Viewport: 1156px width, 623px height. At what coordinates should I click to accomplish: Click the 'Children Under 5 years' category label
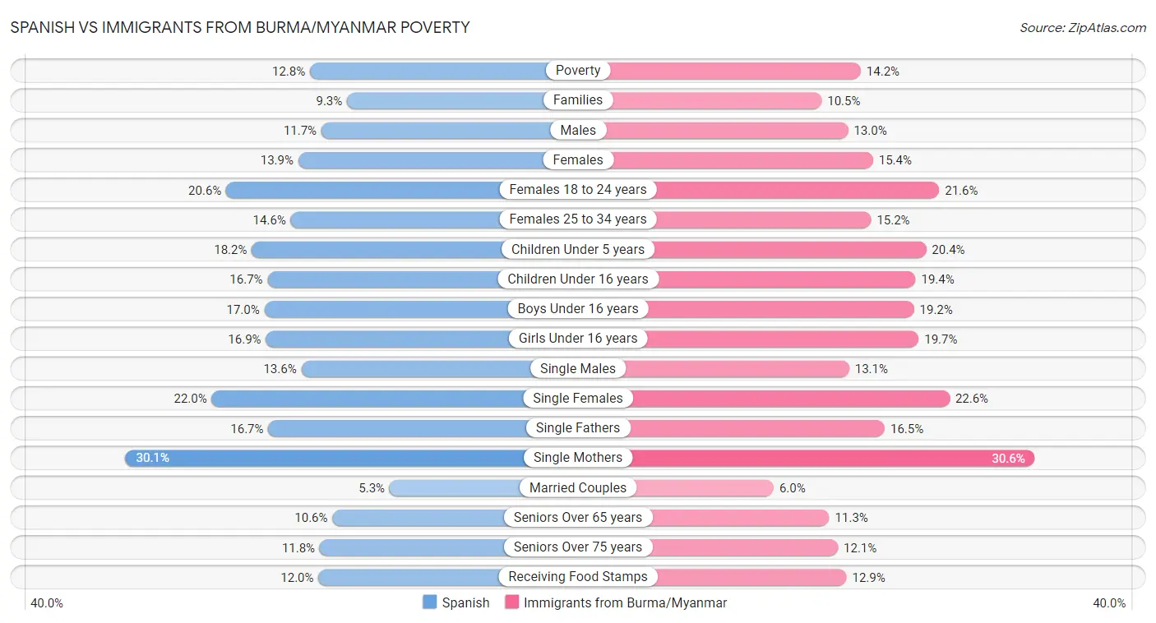[578, 249]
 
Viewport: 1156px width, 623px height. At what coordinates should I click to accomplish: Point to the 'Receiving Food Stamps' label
[578, 577]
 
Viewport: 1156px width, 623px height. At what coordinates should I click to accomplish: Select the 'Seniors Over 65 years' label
[578, 517]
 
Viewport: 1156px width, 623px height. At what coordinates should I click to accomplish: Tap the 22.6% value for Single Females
[972, 399]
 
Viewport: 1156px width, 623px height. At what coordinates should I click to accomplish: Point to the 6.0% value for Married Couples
[793, 488]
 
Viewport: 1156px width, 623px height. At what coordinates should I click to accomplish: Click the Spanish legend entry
[456, 602]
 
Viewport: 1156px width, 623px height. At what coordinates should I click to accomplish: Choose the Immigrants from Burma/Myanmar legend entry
[616, 602]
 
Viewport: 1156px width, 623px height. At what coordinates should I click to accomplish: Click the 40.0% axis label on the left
[47, 603]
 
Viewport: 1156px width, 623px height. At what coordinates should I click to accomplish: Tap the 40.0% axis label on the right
[1109, 603]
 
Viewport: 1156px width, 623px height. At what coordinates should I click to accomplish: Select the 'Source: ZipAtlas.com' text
[1083, 28]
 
